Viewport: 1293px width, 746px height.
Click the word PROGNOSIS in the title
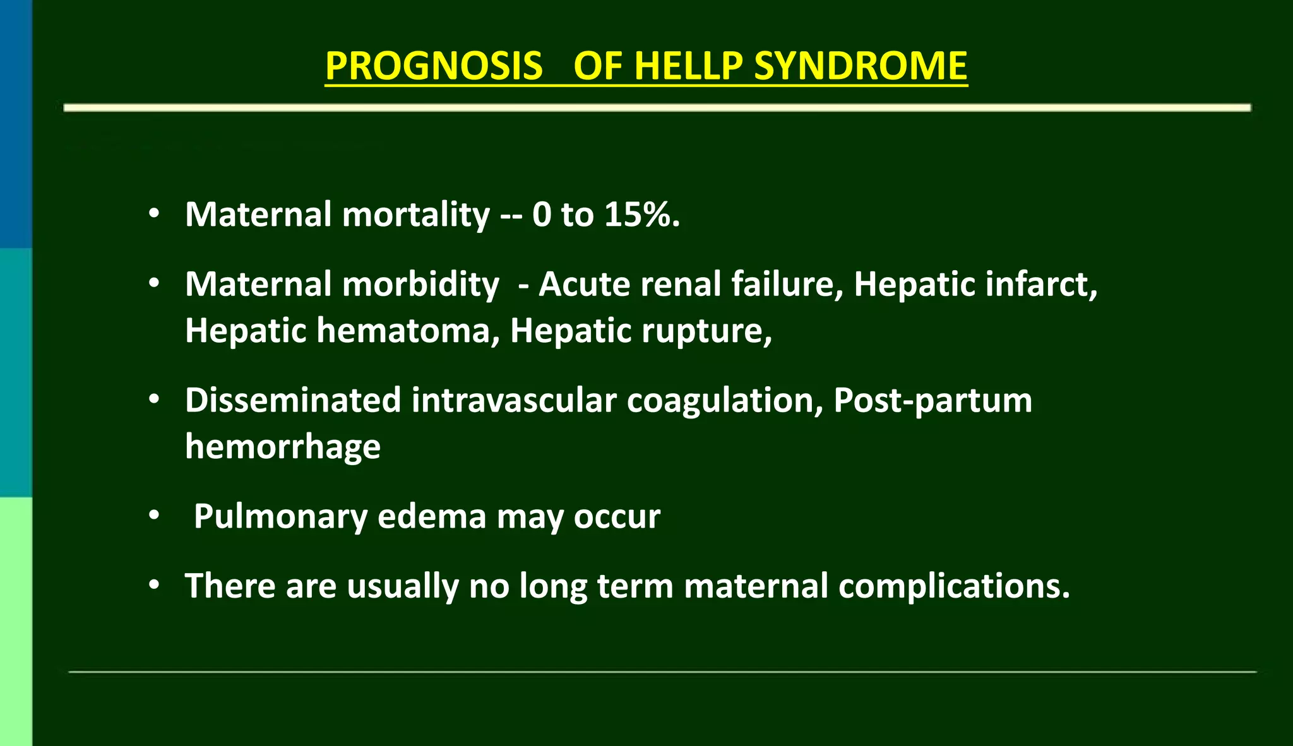click(x=434, y=66)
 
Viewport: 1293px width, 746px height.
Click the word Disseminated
click(x=293, y=400)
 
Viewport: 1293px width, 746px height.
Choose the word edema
click(x=432, y=516)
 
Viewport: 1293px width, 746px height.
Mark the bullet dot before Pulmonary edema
click(x=154, y=516)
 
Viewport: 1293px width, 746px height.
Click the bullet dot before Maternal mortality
click(x=154, y=214)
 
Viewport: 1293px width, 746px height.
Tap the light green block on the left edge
click(x=15, y=621)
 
